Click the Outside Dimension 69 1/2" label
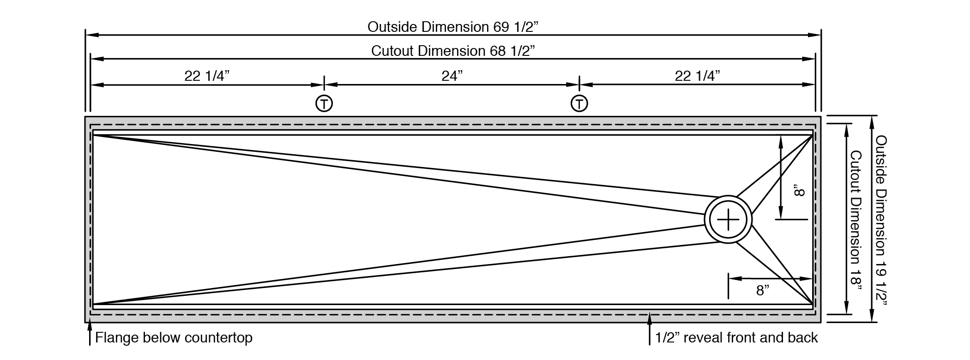click(453, 27)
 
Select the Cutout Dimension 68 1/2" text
click(453, 51)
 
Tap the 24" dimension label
click(452, 76)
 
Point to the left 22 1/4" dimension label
click(207, 76)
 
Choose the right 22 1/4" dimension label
click(697, 76)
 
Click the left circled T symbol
click(324, 103)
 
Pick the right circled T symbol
click(579, 103)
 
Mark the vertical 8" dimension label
click(799, 191)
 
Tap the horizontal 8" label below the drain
click(763, 290)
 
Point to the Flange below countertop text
click(174, 338)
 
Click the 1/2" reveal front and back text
click(736, 338)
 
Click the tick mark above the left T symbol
click(324, 83)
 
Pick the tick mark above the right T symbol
click(579, 83)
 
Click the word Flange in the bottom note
click(116, 338)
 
